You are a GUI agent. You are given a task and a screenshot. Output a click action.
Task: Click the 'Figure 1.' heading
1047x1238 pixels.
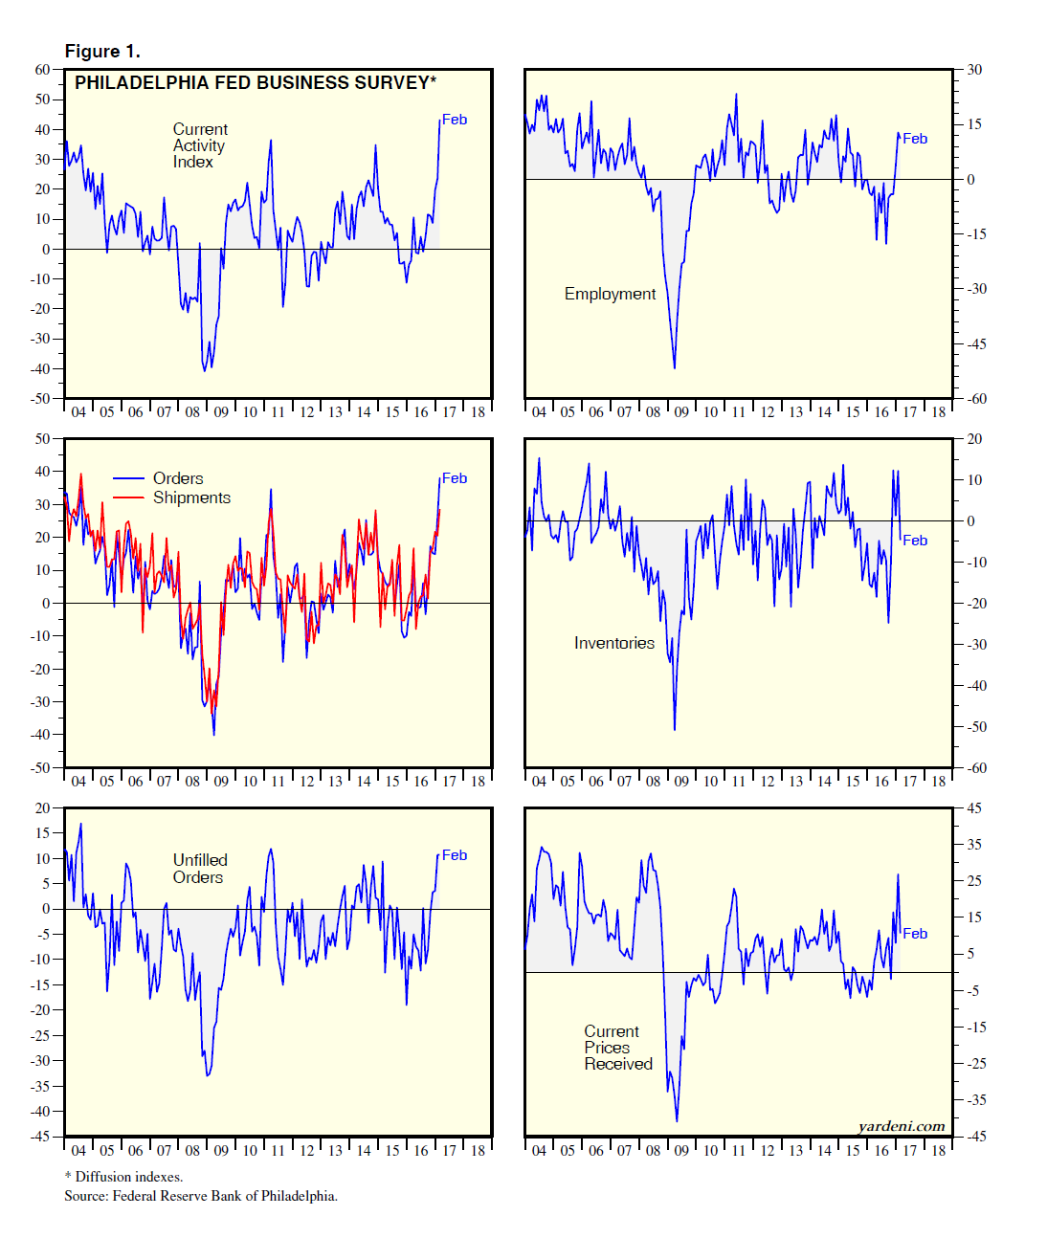[102, 52]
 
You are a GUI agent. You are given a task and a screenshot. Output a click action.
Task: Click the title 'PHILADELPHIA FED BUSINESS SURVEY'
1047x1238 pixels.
[255, 83]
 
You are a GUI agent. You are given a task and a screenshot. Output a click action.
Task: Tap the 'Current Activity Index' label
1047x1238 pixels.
[199, 145]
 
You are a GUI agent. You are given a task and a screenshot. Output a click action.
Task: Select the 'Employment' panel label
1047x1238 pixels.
[610, 294]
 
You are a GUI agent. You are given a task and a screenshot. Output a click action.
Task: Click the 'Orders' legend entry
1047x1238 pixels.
[178, 478]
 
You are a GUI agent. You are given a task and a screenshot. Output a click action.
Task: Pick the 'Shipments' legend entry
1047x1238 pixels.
[191, 497]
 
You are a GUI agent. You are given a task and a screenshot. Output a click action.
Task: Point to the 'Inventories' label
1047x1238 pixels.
[613, 643]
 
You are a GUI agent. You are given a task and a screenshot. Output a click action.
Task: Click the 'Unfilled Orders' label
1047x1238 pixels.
[199, 869]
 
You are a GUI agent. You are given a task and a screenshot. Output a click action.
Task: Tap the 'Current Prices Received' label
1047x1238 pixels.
[617, 1048]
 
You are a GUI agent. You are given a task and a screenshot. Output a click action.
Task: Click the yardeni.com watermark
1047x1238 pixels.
[901, 1126]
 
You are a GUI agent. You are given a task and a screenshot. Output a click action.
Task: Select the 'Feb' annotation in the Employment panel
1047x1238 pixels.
[915, 139]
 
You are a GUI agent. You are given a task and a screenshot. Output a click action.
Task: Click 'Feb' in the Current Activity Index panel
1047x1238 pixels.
[455, 120]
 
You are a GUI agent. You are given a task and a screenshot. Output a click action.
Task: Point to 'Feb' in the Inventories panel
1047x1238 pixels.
[915, 541]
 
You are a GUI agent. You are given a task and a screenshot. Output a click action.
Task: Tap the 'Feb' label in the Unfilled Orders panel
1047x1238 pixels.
[455, 855]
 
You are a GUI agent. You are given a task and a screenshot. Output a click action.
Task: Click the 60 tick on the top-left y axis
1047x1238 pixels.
[42, 70]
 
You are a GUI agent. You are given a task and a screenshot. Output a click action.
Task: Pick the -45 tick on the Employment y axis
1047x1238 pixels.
[974, 344]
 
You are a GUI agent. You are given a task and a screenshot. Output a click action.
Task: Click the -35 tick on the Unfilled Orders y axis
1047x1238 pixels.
[39, 1086]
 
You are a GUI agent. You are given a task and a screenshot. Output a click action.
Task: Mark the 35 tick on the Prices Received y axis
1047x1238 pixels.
[974, 845]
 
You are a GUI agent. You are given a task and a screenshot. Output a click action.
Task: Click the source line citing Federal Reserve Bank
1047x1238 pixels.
[201, 1196]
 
